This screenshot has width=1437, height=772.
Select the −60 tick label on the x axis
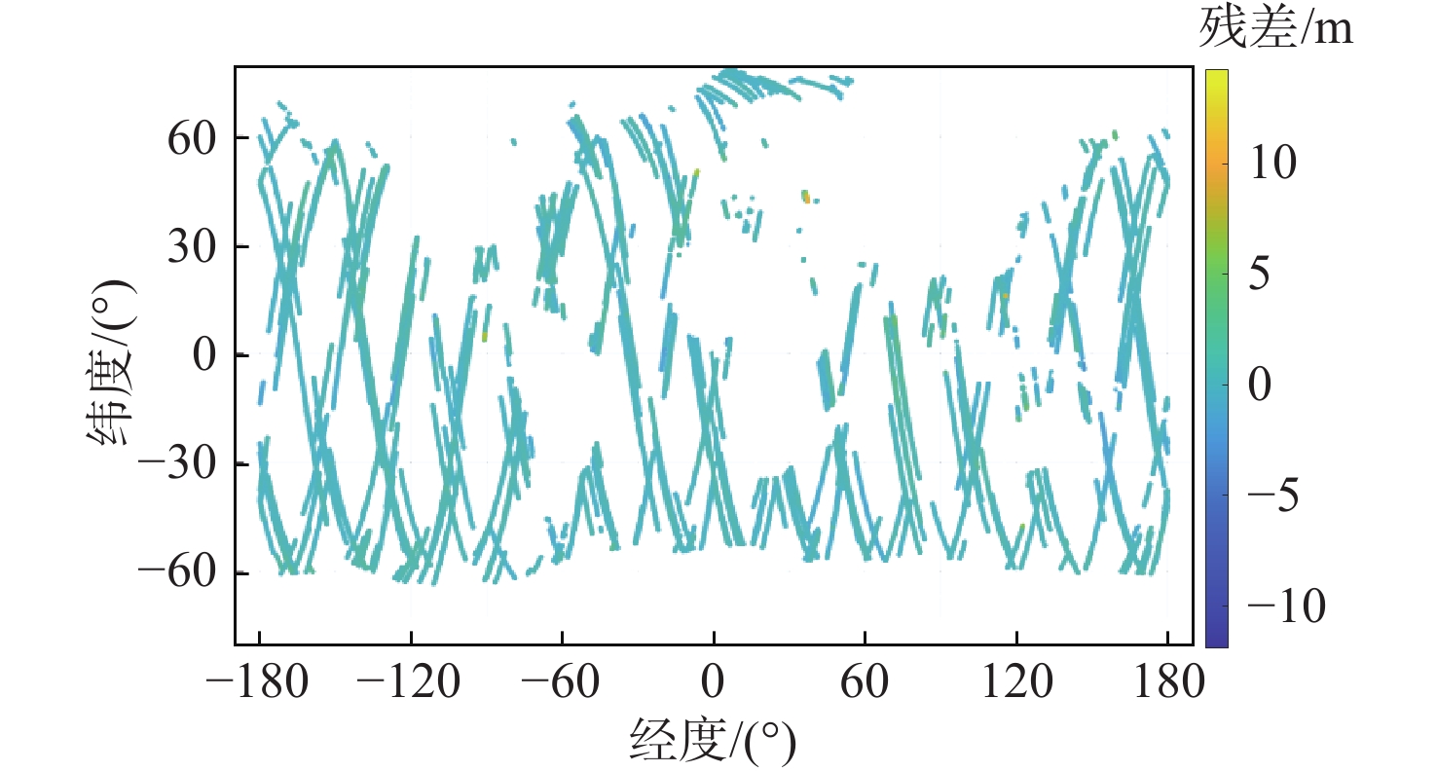point(562,683)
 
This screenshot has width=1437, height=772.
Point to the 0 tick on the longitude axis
point(714,683)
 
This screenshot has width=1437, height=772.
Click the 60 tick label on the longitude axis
point(866,683)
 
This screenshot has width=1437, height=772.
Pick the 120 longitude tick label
point(1016,683)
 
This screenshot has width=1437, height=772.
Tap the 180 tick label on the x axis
point(1167,683)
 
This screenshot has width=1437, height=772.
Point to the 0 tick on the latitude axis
point(204,355)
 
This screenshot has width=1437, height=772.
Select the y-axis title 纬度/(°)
point(111,356)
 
